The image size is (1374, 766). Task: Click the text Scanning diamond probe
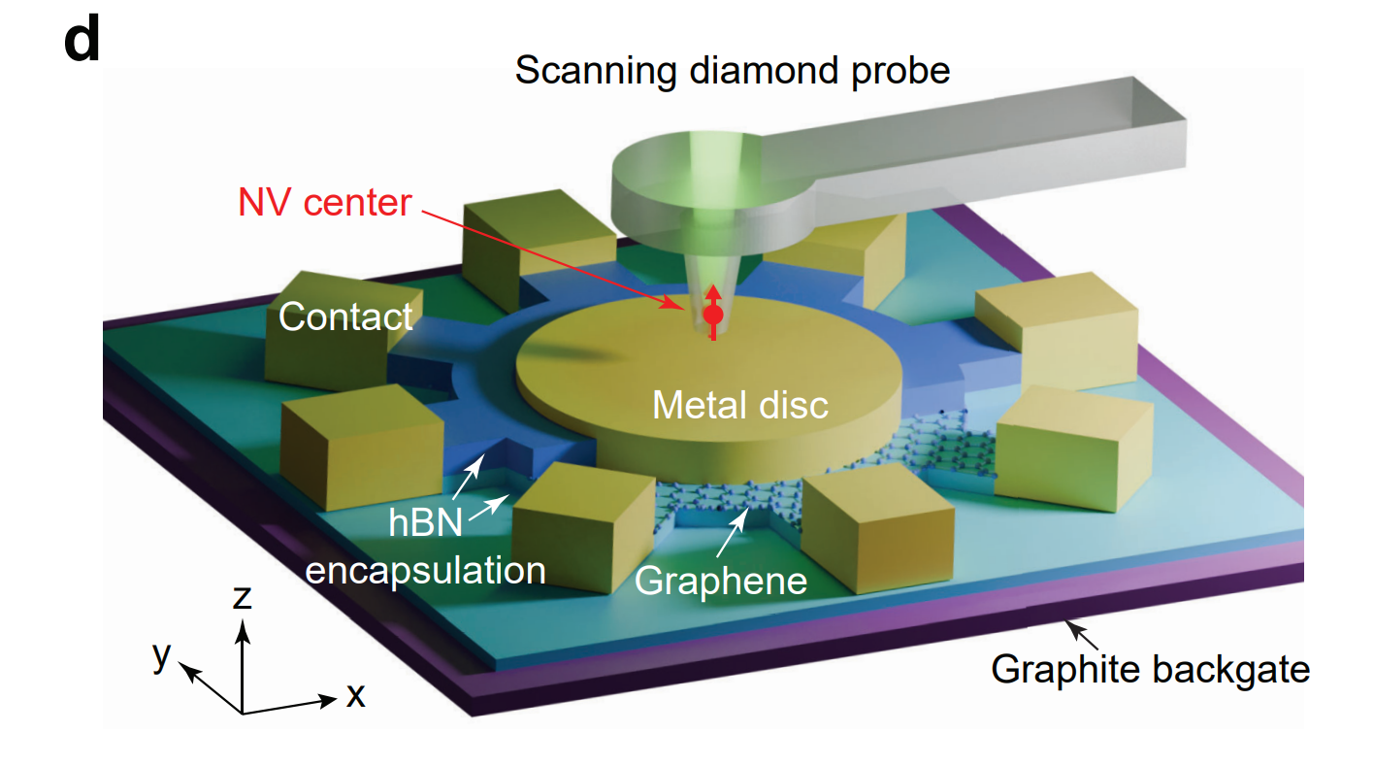point(732,71)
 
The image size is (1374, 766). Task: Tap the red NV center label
point(324,204)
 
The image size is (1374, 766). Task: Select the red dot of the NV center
point(713,315)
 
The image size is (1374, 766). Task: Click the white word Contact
point(346,316)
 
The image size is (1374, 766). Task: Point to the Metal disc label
point(740,404)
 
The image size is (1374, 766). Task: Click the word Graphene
point(721,580)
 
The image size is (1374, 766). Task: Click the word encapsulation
point(425,570)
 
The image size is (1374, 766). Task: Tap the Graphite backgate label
point(1150,669)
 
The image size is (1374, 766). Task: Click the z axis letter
point(243,596)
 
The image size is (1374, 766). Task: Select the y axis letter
point(161,656)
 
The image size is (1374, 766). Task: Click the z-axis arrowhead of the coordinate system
point(243,631)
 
